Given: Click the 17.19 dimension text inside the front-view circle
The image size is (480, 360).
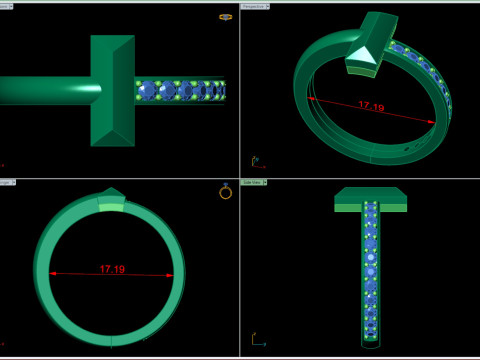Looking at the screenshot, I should (x=112, y=269).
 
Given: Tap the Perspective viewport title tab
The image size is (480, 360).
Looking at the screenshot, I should (x=257, y=6).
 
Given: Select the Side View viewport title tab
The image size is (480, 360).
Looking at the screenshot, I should (x=255, y=183).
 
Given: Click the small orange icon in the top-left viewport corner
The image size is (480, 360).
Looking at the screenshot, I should (x=226, y=17).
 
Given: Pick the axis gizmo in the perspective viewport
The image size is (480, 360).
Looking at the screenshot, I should (x=254, y=160).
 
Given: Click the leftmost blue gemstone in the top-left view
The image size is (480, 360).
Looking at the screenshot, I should (x=149, y=90).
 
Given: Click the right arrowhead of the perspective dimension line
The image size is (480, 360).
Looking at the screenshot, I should (x=433, y=122).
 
